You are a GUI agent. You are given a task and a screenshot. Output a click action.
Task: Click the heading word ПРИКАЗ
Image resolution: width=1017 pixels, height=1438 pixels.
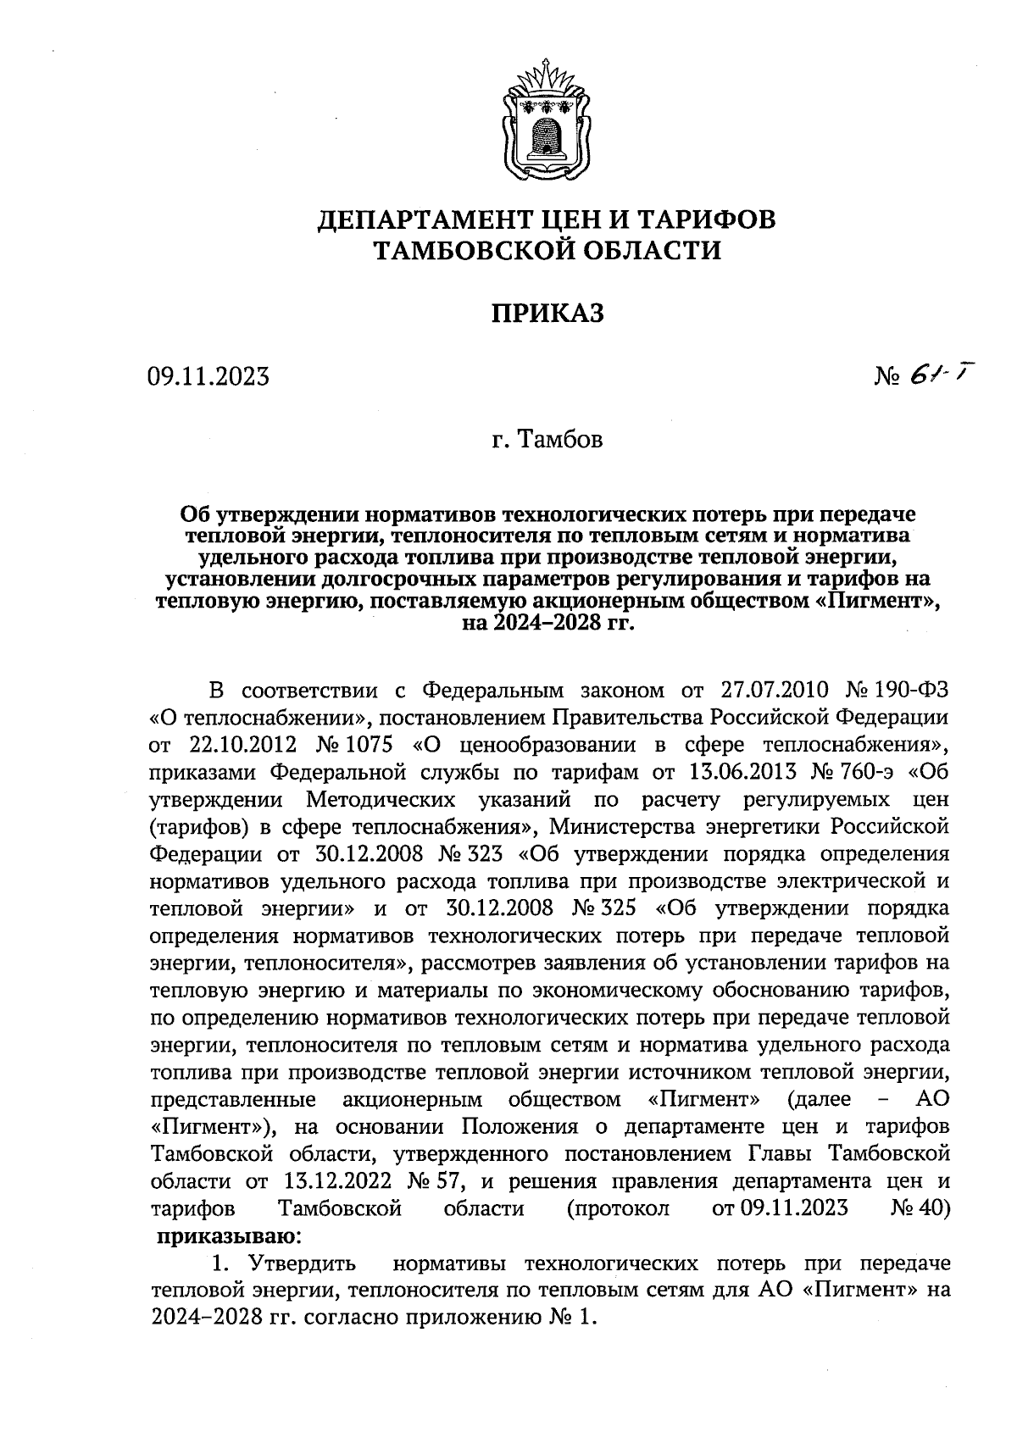pyautogui.click(x=547, y=314)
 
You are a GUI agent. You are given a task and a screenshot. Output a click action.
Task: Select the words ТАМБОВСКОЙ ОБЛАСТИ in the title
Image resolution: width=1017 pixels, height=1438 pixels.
pyautogui.click(x=547, y=251)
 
